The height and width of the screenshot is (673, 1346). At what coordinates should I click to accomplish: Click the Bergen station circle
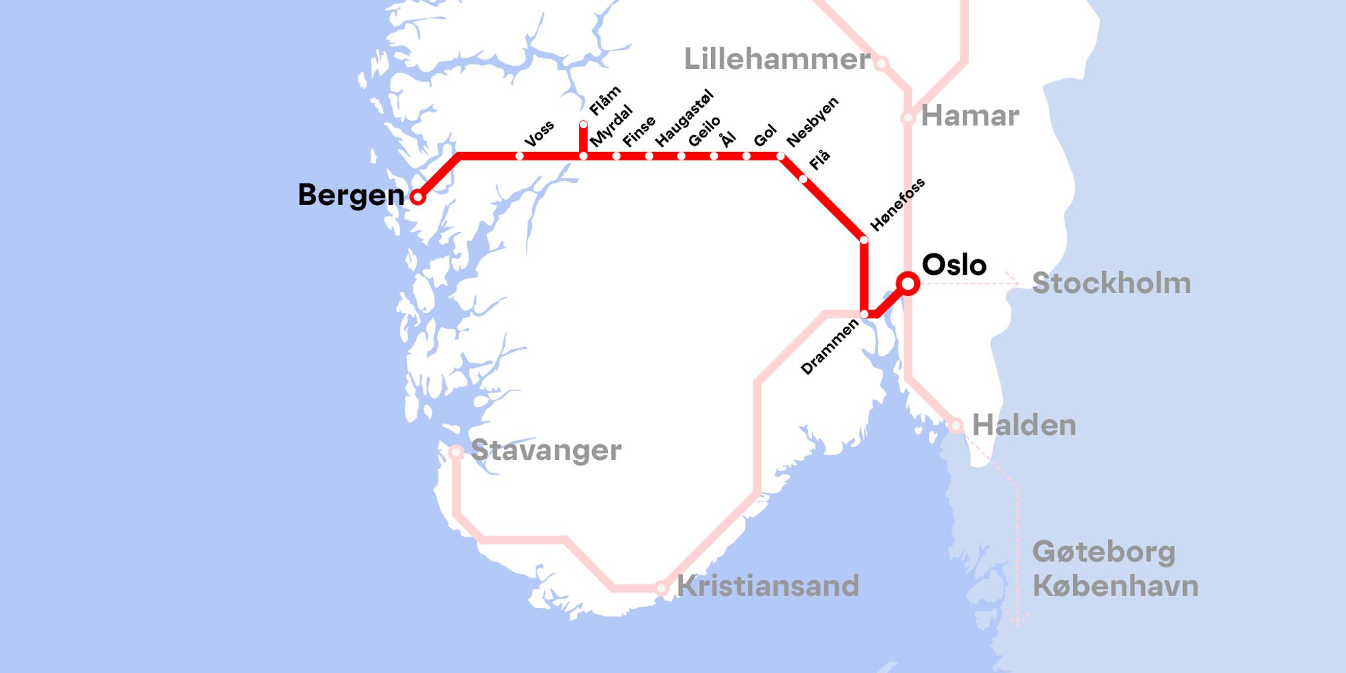click(x=417, y=196)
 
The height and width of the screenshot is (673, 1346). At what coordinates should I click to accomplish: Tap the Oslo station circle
click(x=908, y=283)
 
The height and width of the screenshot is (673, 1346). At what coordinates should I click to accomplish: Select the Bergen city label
click(x=350, y=195)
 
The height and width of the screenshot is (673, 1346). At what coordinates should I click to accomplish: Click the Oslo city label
click(x=954, y=264)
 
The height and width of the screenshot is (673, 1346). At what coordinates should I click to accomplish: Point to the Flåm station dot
click(x=583, y=124)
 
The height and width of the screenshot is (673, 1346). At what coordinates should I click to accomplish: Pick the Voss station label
click(x=540, y=133)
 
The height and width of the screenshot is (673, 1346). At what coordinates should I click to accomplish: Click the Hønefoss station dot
click(x=864, y=240)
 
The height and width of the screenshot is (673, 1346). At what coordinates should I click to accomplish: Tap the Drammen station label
click(x=829, y=346)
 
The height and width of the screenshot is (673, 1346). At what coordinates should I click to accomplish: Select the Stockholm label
click(x=1111, y=283)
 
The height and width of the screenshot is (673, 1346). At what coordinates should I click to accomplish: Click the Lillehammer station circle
click(x=881, y=63)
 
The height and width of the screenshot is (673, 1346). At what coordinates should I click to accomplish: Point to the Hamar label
click(x=969, y=116)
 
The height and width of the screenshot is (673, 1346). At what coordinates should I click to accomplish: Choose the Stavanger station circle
click(x=455, y=452)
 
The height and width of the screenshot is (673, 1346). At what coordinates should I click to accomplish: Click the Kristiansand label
click(x=768, y=586)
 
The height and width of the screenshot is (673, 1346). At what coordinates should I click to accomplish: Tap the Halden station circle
click(x=956, y=425)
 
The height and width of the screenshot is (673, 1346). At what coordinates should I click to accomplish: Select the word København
click(x=1115, y=586)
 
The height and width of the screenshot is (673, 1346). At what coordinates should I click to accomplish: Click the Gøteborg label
click(x=1103, y=551)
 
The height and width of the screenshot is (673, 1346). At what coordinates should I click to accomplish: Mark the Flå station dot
click(x=803, y=179)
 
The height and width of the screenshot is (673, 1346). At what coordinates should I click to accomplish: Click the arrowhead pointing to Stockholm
click(x=1015, y=283)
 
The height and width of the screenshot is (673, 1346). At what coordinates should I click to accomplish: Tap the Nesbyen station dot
click(x=781, y=156)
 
